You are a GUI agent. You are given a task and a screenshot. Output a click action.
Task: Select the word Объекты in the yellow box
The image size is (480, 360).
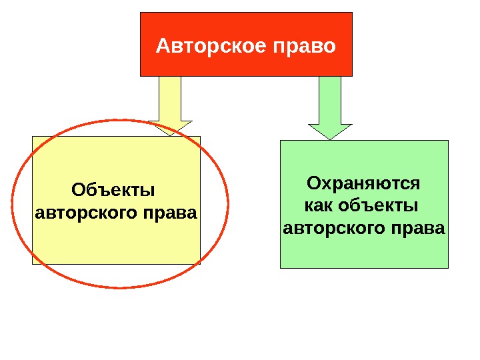(x=112, y=192)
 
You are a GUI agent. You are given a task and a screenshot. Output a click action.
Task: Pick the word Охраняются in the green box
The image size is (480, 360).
(x=363, y=183)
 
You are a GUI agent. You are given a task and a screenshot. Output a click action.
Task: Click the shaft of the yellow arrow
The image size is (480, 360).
(x=170, y=98)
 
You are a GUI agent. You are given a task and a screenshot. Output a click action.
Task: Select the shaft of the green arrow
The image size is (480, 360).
(x=329, y=99)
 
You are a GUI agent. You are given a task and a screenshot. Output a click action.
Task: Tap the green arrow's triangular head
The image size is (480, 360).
(x=329, y=131)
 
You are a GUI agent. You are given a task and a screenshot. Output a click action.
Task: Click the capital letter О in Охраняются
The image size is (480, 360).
(x=313, y=183)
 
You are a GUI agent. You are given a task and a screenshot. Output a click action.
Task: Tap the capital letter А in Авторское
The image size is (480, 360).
(x=163, y=47)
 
